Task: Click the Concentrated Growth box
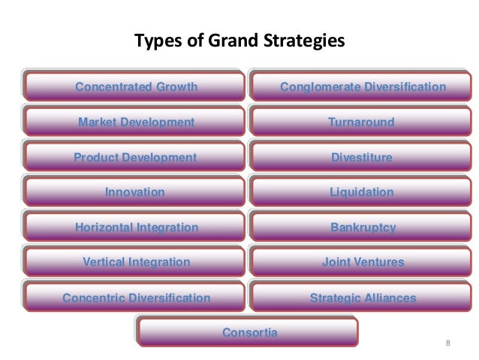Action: click(x=136, y=87)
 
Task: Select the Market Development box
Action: click(x=136, y=122)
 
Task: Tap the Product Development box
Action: click(x=136, y=157)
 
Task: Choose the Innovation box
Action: click(x=136, y=192)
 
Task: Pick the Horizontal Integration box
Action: click(x=136, y=227)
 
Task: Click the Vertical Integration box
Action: click(x=136, y=262)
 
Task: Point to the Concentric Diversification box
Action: click(x=136, y=298)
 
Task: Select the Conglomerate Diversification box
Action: click(x=363, y=87)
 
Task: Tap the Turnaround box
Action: click(x=363, y=122)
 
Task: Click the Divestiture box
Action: click(x=363, y=157)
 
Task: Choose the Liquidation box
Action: click(x=363, y=192)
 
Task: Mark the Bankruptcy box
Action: click(x=363, y=227)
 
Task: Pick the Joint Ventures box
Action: click(x=363, y=262)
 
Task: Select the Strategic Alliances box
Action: click(x=363, y=298)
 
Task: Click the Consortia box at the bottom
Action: click(x=249, y=332)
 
